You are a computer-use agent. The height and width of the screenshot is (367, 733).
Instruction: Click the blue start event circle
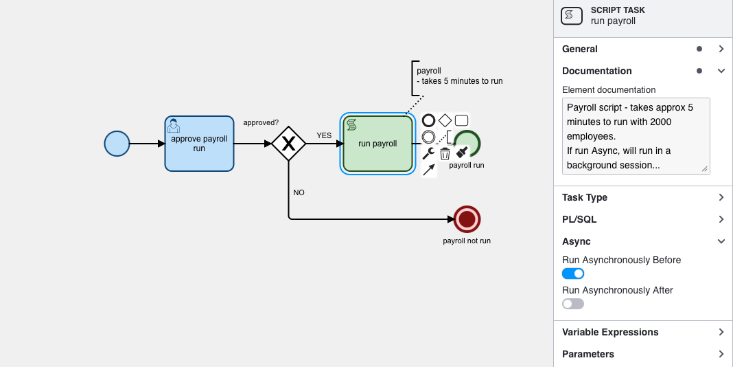click(117, 144)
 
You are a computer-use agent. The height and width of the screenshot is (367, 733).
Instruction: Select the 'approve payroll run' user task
click(199, 144)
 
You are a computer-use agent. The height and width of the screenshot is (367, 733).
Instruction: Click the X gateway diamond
click(288, 144)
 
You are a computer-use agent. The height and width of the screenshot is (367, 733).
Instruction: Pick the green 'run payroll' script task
click(377, 144)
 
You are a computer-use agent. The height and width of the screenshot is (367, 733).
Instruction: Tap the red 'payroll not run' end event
click(467, 219)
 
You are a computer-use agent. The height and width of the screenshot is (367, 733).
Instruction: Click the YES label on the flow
click(324, 135)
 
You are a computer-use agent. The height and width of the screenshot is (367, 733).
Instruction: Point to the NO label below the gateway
click(299, 192)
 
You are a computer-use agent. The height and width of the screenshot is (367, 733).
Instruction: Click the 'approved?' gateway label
click(261, 122)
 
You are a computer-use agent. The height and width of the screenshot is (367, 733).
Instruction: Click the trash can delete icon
click(445, 153)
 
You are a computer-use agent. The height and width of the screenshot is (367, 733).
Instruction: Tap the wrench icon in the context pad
click(428, 153)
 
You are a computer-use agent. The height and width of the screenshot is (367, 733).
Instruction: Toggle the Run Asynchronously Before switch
click(573, 274)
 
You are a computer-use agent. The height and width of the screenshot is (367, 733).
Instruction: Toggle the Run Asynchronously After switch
click(573, 304)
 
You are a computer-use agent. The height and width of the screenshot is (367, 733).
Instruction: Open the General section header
click(580, 49)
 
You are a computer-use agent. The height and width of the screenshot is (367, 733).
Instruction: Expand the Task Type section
click(585, 197)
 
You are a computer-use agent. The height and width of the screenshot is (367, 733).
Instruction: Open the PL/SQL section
click(579, 219)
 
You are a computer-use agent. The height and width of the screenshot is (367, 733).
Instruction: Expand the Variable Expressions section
click(610, 332)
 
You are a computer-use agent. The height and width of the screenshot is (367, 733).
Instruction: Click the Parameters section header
click(588, 354)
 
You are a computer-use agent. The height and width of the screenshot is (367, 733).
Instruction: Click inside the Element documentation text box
click(636, 135)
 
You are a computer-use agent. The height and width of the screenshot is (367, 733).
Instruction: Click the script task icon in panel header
click(572, 16)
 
